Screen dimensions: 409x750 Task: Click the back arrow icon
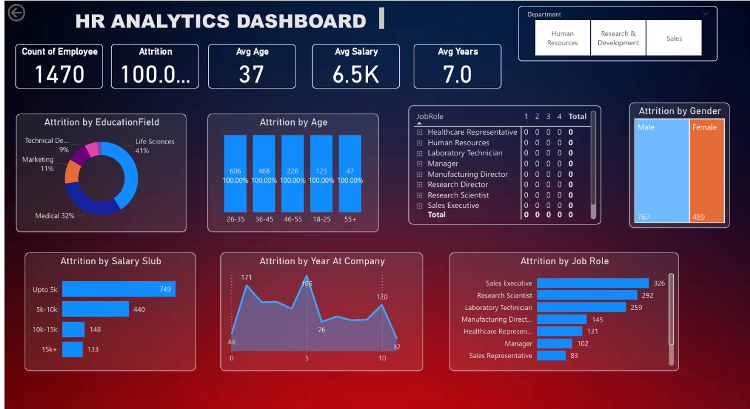click(x=16, y=12)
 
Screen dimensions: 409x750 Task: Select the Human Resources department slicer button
click(x=562, y=38)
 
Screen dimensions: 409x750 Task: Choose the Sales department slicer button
click(x=674, y=38)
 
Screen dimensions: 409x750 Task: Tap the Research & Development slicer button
click(x=618, y=38)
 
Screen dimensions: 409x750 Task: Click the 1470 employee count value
click(x=59, y=74)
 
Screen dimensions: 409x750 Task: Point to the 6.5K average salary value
click(x=356, y=74)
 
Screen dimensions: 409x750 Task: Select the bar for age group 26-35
click(x=235, y=173)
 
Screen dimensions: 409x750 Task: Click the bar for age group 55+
click(x=350, y=173)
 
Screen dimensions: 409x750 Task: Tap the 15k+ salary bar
click(x=73, y=349)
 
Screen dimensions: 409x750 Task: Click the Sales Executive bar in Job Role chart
click(x=592, y=283)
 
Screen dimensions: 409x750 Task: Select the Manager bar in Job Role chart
click(x=554, y=343)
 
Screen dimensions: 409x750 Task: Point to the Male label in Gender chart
click(x=646, y=127)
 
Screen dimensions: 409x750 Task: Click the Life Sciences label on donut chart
click(x=155, y=141)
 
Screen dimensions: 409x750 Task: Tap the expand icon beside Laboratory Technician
click(x=420, y=154)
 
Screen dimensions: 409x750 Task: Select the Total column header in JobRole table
click(x=577, y=116)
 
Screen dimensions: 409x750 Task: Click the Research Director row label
click(x=458, y=185)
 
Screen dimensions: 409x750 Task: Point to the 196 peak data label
click(x=306, y=284)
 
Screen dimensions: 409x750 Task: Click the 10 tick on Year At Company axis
click(x=382, y=358)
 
